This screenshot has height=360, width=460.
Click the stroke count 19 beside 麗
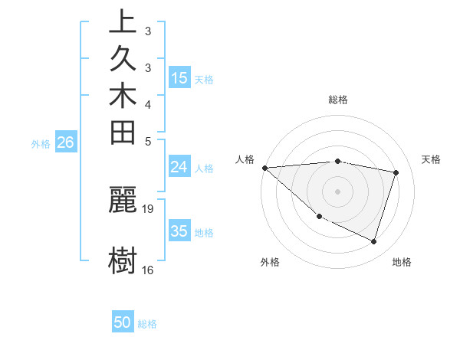tap(148, 208)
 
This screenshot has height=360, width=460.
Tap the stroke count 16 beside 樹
tap(148, 270)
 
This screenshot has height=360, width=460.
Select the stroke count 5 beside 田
tap(148, 141)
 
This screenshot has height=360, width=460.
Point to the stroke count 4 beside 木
tap(148, 104)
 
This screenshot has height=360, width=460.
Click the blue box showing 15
tap(179, 77)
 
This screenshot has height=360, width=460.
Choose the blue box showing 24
tap(179, 167)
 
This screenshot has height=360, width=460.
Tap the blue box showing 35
tap(179, 231)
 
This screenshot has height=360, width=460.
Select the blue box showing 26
tap(66, 142)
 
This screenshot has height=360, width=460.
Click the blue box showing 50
tap(123, 322)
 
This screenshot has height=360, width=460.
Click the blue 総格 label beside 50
tap(147, 324)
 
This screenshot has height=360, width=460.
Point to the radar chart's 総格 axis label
tap(337, 100)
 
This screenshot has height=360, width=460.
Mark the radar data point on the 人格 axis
tap(264, 168)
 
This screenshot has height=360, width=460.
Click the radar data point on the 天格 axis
tap(396, 172)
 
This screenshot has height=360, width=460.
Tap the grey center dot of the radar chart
tap(337, 191)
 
